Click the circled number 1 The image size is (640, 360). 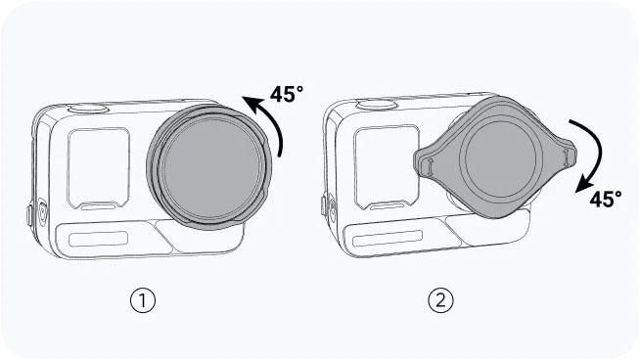(143, 301)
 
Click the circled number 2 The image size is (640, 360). (440, 301)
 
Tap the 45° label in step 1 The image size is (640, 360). (287, 94)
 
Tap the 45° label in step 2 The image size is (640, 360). (606, 200)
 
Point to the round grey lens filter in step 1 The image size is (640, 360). (209, 165)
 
